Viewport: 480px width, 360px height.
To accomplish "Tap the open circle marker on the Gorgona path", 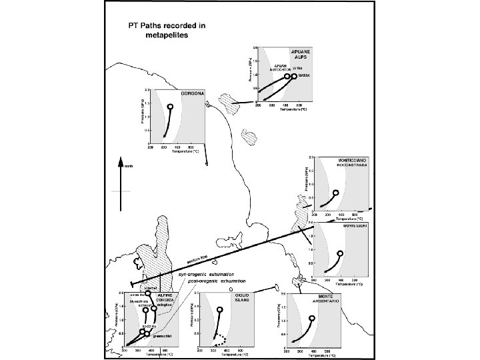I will (x=170, y=107).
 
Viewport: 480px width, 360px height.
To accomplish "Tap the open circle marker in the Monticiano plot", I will (x=336, y=193).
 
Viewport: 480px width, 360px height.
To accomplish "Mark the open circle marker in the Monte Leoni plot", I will (x=340, y=253).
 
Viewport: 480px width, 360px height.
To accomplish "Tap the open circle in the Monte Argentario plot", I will (x=313, y=318).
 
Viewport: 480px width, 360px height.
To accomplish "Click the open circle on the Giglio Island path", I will (x=220, y=310).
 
